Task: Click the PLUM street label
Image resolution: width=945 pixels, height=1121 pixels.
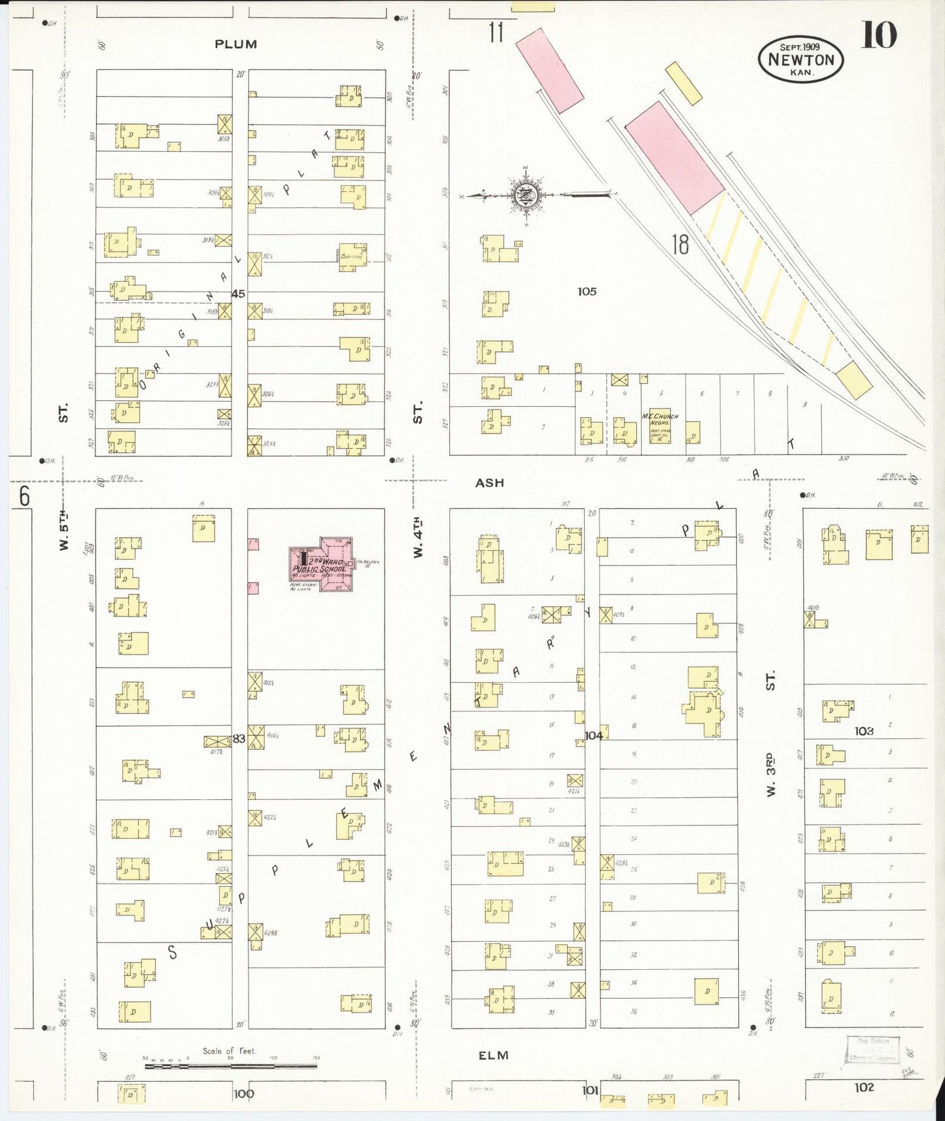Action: click(x=235, y=44)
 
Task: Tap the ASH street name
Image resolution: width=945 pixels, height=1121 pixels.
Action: click(x=489, y=483)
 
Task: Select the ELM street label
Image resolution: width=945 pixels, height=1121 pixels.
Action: click(x=492, y=1055)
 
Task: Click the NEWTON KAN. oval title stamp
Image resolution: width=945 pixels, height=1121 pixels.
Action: click(x=800, y=60)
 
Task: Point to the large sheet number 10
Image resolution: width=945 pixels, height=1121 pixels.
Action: click(x=878, y=35)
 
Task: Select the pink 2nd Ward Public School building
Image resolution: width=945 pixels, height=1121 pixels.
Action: click(x=322, y=564)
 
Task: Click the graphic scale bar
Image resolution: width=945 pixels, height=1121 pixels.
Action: click(x=230, y=1066)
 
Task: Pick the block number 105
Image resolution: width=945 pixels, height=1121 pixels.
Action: click(x=587, y=292)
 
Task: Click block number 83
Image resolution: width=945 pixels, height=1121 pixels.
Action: click(x=239, y=738)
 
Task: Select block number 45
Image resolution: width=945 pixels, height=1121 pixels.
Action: click(x=238, y=294)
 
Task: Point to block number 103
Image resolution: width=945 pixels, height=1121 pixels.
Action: click(x=863, y=731)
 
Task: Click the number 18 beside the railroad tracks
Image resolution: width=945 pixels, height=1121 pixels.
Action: click(x=680, y=245)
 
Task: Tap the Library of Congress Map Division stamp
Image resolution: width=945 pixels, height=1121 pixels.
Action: click(x=873, y=1049)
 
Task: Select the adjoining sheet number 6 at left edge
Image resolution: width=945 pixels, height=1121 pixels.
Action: click(x=24, y=497)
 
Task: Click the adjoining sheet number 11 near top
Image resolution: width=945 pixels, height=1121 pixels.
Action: click(x=496, y=31)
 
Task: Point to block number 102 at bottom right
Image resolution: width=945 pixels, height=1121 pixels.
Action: click(x=863, y=1087)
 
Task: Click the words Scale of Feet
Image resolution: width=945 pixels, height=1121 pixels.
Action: click(x=229, y=1051)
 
